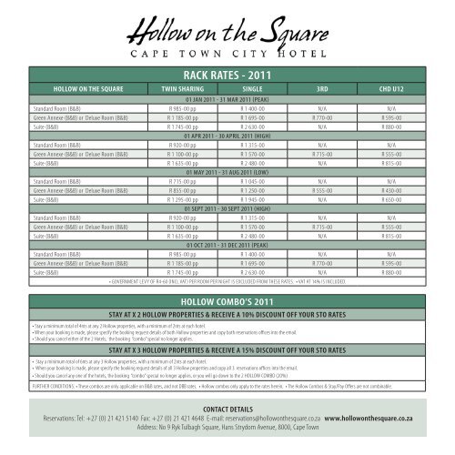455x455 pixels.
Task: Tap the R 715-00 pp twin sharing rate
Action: point(180,179)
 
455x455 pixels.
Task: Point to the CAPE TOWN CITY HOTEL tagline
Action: point(227,63)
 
